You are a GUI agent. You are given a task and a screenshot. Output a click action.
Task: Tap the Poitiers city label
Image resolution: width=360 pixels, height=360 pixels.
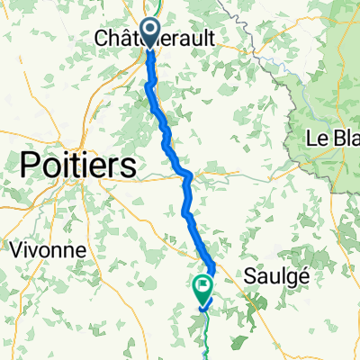pyautogui.click(x=78, y=166)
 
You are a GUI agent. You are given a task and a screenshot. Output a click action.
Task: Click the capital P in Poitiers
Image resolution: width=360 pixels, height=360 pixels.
pyautogui.click(x=31, y=166)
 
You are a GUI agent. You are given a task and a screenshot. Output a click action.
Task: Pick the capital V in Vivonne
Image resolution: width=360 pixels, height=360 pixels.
pyautogui.click(x=13, y=249)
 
